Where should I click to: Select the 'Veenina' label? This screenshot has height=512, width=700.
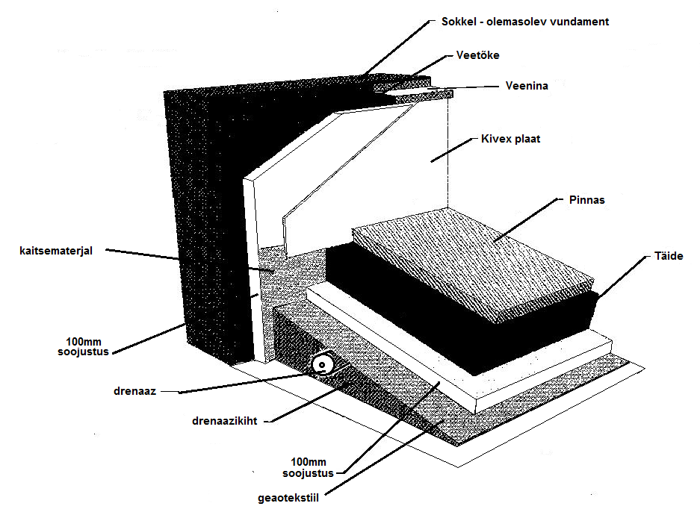pos(527,86)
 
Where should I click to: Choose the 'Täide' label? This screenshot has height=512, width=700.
pos(669,257)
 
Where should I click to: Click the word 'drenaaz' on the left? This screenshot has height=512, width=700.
pos(135,390)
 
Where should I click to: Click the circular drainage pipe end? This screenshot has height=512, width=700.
pos(323,364)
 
